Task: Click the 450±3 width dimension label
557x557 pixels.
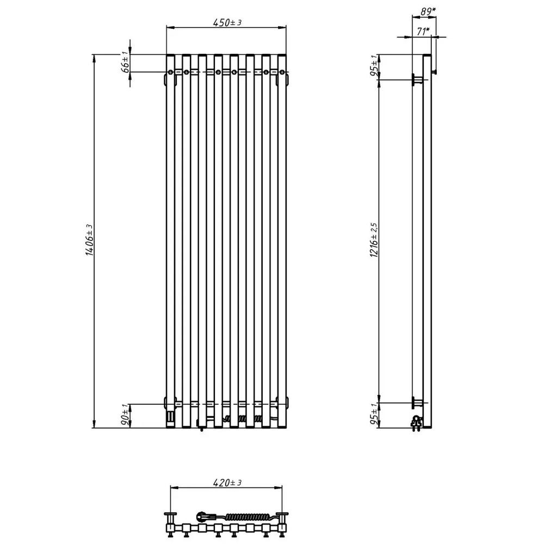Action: click(227, 22)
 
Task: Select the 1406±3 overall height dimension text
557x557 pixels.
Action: click(90, 240)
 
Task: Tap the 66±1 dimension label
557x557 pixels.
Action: click(126, 62)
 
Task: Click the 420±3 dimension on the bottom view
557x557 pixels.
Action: click(227, 483)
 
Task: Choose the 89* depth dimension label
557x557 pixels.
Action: click(428, 12)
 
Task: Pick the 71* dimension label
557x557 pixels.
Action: click(423, 32)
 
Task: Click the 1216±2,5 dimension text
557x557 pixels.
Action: click(374, 240)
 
